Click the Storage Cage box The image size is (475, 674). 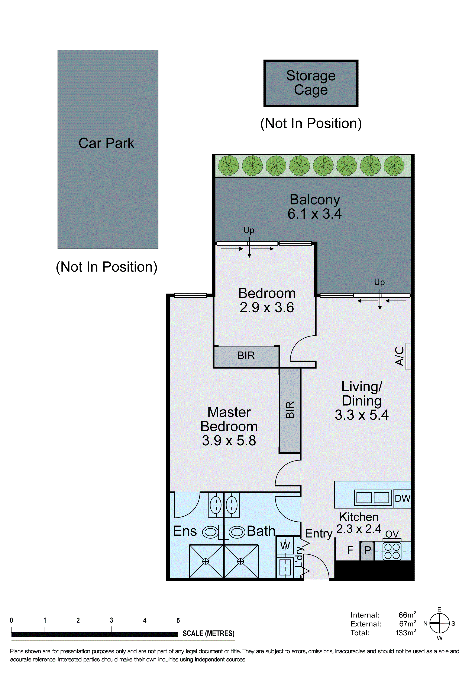[x=311, y=83]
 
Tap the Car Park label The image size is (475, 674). [x=106, y=143]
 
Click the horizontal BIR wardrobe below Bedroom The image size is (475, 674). [x=246, y=356]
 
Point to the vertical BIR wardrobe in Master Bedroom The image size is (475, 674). [x=290, y=410]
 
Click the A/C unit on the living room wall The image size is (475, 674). [x=408, y=356]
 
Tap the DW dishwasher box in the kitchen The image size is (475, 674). [x=402, y=499]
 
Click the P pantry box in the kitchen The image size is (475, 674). [x=367, y=550]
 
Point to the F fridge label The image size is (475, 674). [x=350, y=550]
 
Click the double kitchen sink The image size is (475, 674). [x=373, y=498]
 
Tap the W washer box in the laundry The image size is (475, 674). [x=285, y=545]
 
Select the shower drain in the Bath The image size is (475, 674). [x=240, y=561]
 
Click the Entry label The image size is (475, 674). [x=319, y=533]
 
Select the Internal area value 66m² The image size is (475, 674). [x=407, y=615]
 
